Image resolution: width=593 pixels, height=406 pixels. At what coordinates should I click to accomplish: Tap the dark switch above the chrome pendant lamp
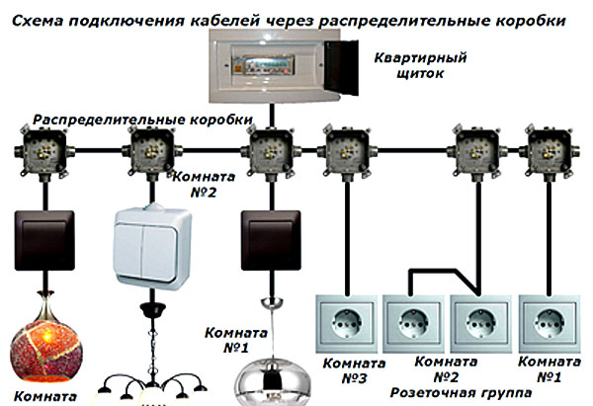pos(266,243)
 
